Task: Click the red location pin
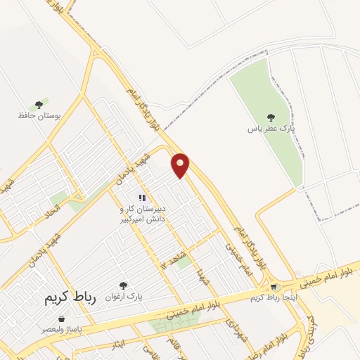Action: pos(181,165)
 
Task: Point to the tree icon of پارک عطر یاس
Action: pos(271,117)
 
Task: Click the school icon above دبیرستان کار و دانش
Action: pos(142,198)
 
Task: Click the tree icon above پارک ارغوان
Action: pos(124,285)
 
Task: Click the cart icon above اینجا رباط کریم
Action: pos(273,287)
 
